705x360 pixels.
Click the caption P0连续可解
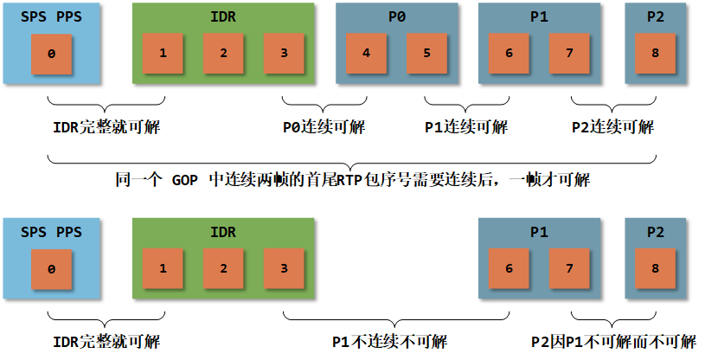pyautogui.click(x=324, y=127)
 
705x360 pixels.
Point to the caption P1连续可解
pyautogui.click(x=466, y=127)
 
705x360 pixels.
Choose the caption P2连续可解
pyautogui.click(x=613, y=127)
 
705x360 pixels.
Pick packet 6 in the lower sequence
pyautogui.click(x=509, y=268)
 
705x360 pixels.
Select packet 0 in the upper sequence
pyautogui.click(x=52, y=54)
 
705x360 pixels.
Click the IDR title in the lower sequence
pyautogui.click(x=223, y=233)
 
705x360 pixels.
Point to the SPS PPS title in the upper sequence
pyautogui.click(x=51, y=17)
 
